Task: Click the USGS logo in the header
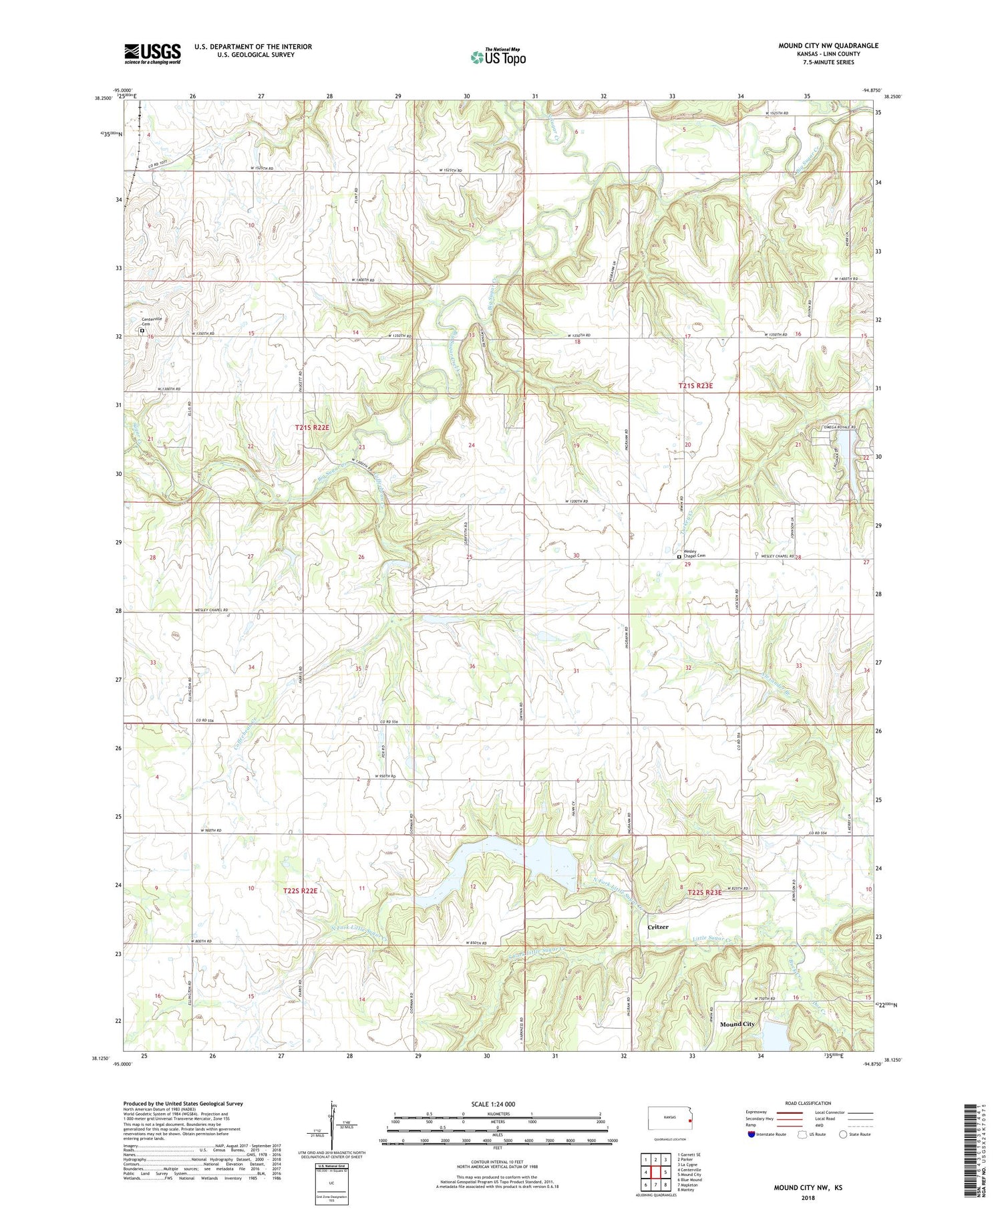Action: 152,53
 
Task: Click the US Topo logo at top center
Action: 498,57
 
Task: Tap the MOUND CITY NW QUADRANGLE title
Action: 828,45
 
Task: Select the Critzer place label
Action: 658,927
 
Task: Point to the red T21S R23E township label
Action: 695,386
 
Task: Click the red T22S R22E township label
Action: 301,891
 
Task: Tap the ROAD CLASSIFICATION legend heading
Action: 808,1103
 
